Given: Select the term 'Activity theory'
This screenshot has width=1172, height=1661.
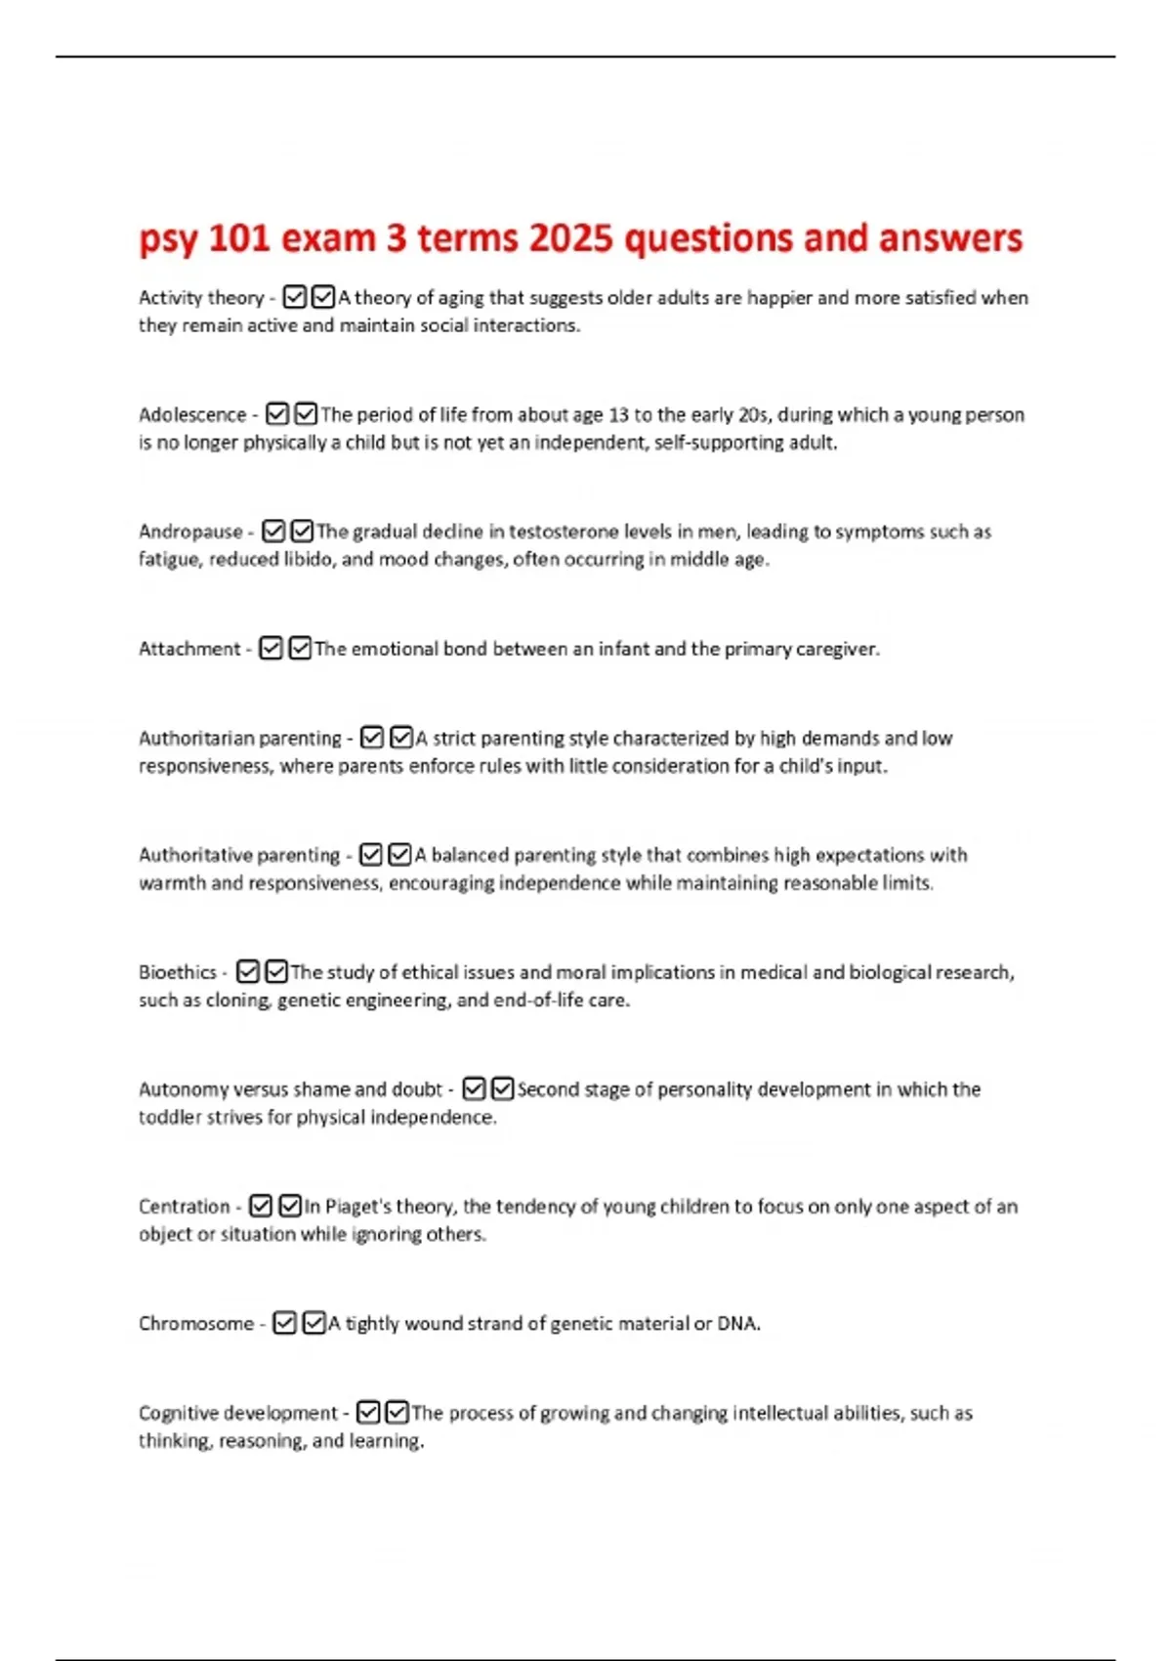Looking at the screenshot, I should (x=201, y=297).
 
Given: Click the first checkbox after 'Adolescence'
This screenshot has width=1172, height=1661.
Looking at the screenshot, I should (x=277, y=414).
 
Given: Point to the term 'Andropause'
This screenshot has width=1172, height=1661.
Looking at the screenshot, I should (x=190, y=532).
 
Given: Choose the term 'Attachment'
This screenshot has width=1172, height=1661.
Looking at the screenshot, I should (x=189, y=649).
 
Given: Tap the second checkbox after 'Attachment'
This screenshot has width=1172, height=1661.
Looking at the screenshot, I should (x=301, y=649).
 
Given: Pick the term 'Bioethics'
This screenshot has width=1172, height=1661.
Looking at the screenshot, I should (x=178, y=972).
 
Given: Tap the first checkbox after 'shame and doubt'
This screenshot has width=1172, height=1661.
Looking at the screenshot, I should (x=474, y=1088).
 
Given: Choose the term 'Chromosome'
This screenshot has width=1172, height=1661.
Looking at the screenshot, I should (x=196, y=1324).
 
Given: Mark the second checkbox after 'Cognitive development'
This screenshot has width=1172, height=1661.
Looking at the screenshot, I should (x=398, y=1413).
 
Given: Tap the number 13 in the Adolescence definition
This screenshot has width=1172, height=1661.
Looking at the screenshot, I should (x=618, y=414).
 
